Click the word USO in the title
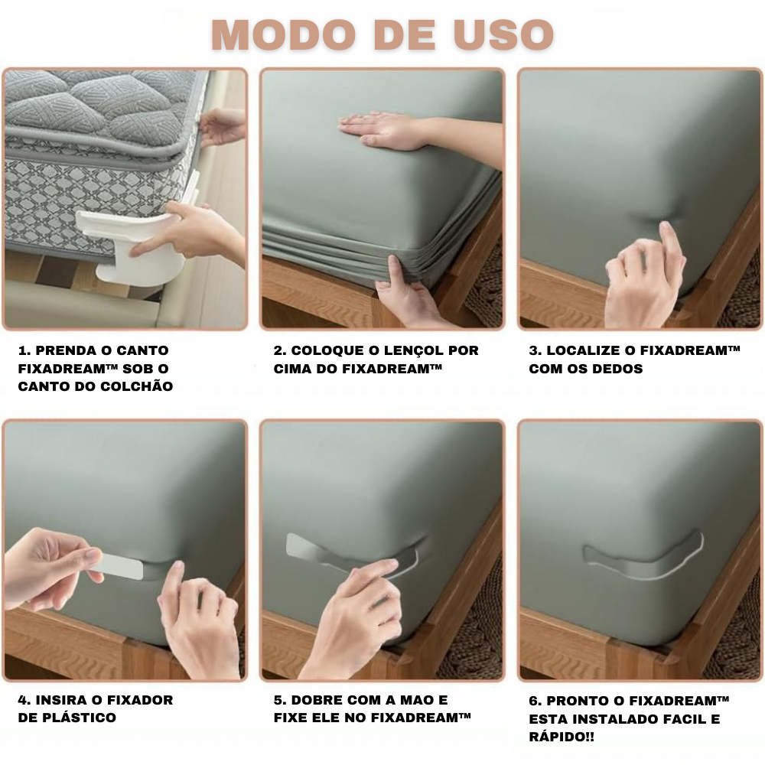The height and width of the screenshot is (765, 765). point(503,34)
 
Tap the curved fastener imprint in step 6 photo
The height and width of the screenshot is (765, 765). point(643,557)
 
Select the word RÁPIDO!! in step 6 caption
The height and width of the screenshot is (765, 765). point(562,737)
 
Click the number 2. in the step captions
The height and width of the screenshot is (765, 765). point(279,350)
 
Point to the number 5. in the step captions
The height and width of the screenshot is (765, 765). point(279,700)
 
